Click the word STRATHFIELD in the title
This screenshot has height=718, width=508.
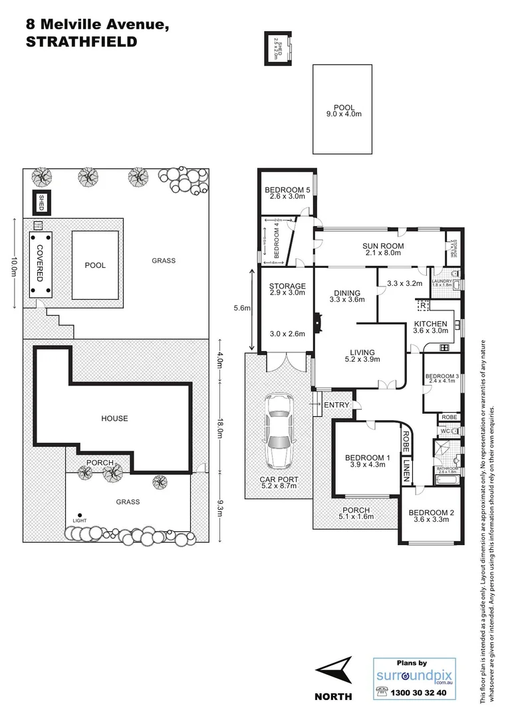tap(81, 41)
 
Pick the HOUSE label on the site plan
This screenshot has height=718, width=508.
tap(114, 418)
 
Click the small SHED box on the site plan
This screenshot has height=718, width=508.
tap(41, 199)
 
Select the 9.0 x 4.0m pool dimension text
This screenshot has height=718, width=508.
tap(344, 115)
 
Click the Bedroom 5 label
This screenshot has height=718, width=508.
tap(287, 189)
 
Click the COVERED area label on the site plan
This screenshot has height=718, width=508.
tap(40, 263)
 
